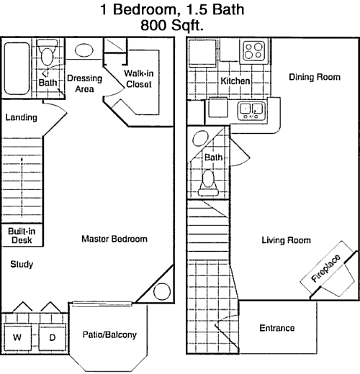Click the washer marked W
coord(17,338)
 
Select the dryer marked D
coord(52,338)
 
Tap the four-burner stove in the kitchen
coord(253,50)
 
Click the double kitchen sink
coord(251,111)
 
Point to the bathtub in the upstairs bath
coord(17,68)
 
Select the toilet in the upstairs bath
coord(47,53)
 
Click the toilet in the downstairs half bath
coord(208,183)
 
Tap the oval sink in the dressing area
coord(84,50)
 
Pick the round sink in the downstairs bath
coord(200,139)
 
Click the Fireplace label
coord(325,268)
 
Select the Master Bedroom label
coord(114,239)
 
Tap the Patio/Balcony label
coord(109,334)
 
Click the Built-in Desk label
coord(22,236)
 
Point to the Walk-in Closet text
coord(139,78)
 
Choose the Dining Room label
coord(315,77)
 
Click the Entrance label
coord(277,328)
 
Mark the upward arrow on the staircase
coord(22,187)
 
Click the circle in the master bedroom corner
coord(162,291)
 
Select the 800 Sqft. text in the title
coord(172,25)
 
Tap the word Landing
coord(22,117)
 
